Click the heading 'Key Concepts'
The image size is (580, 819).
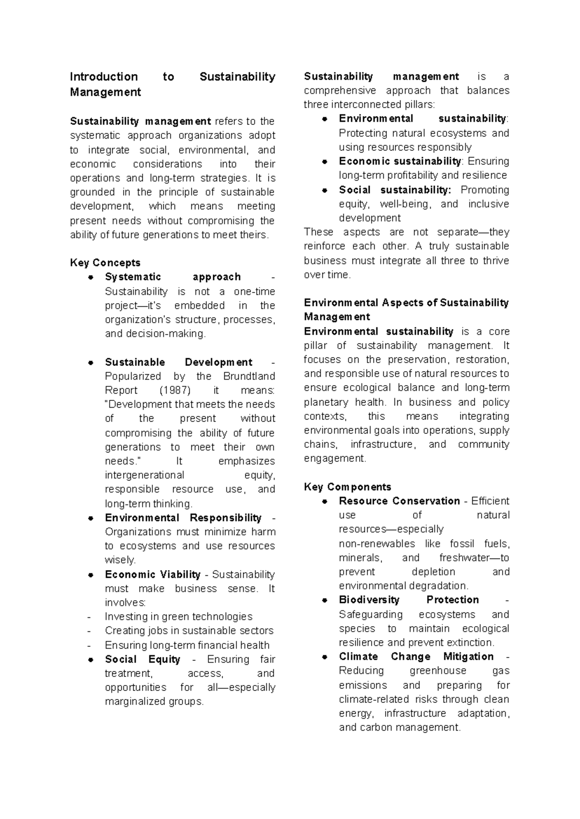pos(105,263)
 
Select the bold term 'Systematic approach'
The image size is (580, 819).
pos(173,277)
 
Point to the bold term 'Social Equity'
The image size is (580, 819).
pos(142,659)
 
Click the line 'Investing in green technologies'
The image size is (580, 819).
pos(178,616)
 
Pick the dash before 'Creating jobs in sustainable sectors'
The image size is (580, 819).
pos(89,631)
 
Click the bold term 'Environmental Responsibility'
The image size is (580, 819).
pos(183,518)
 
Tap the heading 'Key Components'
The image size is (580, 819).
pos(347,487)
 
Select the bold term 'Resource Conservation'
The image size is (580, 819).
pos(399,501)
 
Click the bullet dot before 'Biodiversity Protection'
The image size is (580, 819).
pos(325,600)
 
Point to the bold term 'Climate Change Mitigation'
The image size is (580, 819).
pos(416,657)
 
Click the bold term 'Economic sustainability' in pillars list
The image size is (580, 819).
pos(400,161)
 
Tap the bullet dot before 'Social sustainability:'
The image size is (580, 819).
pos(325,190)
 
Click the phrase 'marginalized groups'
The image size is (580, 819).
pos(154,702)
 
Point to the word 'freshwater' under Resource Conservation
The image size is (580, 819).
pos(464,557)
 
